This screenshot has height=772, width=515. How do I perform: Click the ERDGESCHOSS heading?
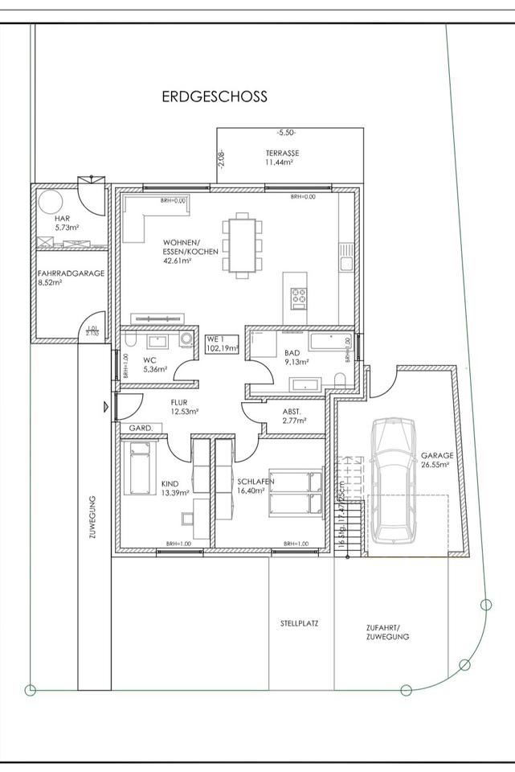[215, 96]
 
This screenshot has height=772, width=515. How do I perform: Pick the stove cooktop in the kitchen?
[300, 297]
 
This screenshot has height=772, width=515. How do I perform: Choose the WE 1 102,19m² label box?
[223, 343]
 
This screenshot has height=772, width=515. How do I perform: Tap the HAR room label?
[63, 219]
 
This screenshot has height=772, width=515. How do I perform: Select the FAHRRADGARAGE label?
[71, 273]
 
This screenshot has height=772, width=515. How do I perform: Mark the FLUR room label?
[178, 404]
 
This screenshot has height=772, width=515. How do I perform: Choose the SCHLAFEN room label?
[255, 482]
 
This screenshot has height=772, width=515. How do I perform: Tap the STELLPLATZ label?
[300, 623]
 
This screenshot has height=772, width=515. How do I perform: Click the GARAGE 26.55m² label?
[437, 459]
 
